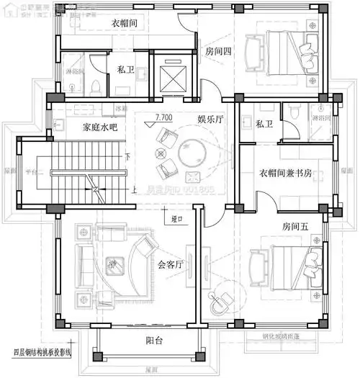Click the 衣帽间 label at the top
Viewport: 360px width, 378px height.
click(125, 23)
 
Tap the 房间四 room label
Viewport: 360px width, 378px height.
click(217, 51)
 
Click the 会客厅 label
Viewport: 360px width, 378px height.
click(171, 264)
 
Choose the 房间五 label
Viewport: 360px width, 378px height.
click(294, 226)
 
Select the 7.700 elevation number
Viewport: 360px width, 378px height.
click(163, 116)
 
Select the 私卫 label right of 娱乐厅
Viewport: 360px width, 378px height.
click(264, 124)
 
